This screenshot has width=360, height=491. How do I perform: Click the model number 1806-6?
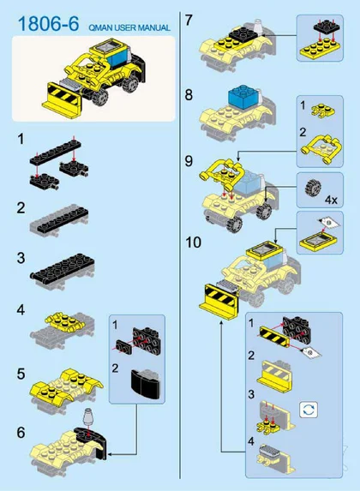tap(49, 24)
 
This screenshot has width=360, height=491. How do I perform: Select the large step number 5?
tap(21, 374)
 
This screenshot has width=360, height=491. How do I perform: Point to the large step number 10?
tap(194, 242)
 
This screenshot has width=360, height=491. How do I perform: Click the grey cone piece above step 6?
tap(88, 416)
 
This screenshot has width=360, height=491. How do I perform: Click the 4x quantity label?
tap(331, 199)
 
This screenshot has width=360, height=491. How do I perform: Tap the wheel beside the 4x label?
tap(313, 189)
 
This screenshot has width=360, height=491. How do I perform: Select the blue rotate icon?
tap(309, 410)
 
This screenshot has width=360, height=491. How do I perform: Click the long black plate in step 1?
tap(56, 153)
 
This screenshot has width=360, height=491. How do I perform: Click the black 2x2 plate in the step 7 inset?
tap(327, 29)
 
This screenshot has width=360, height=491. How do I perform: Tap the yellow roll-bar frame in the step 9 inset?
tap(322, 148)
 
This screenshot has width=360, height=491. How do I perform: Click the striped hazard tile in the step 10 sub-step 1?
tap(273, 336)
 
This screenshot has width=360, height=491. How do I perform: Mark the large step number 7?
tap(189, 21)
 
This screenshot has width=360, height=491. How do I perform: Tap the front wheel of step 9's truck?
tap(234, 224)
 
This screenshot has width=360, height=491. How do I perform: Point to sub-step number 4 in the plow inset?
tap(251, 441)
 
